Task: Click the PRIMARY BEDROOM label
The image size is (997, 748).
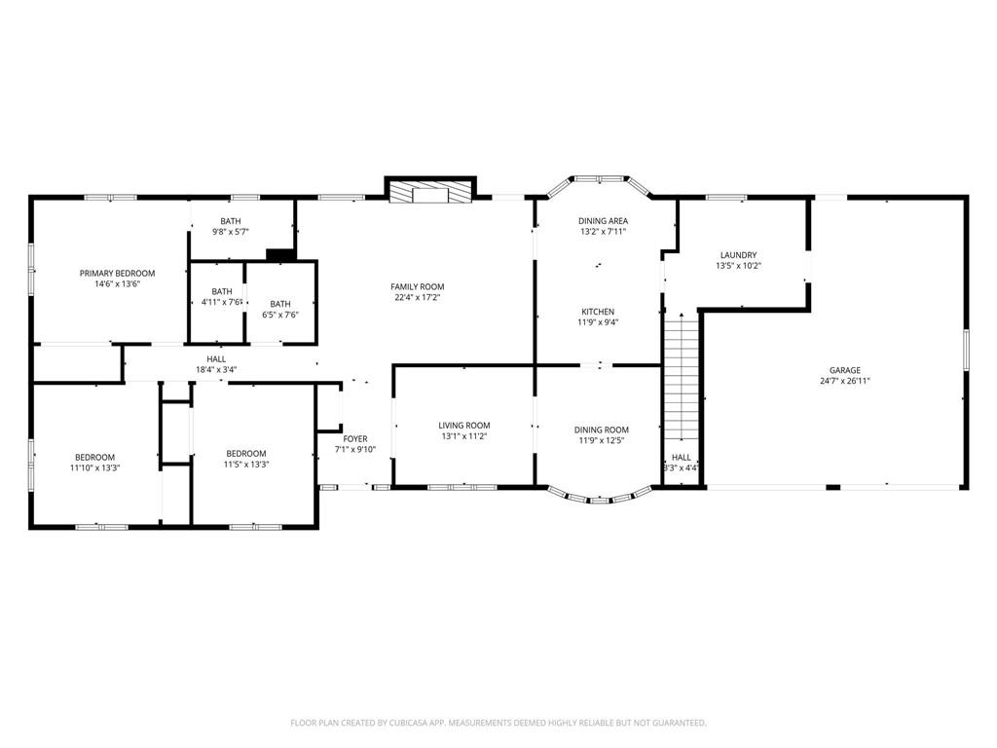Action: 117,274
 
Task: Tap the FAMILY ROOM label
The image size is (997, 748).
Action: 417,287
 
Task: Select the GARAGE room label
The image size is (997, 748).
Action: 844,370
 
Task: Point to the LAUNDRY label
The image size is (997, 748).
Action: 738,255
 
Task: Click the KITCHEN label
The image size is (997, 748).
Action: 598,312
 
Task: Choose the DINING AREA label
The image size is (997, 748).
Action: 603,221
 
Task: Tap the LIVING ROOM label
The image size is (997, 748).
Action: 464,426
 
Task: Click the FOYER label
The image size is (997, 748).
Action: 354,439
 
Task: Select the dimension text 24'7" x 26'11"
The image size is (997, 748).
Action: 844,381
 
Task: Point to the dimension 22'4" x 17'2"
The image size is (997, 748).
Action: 417,298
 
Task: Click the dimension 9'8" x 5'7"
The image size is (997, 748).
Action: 230,232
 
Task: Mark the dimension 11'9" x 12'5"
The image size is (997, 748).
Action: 601,440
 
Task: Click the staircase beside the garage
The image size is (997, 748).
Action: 682,377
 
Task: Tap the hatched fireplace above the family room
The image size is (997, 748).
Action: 429,193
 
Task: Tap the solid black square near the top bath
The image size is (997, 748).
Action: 278,254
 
